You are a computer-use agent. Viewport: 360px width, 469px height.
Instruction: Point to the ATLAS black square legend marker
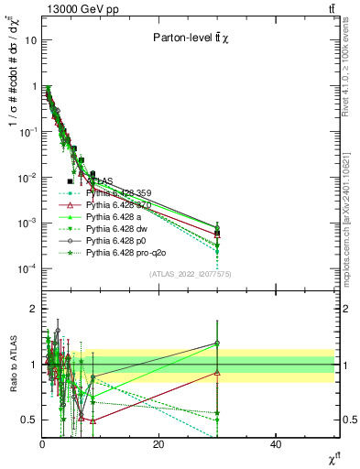(70, 181)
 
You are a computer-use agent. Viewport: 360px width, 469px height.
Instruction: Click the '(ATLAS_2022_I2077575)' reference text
(191, 274)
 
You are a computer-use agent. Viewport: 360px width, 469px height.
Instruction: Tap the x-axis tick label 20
(158, 444)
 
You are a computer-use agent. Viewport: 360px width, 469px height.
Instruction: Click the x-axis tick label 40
(276, 444)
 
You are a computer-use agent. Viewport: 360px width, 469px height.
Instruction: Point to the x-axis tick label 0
(42, 444)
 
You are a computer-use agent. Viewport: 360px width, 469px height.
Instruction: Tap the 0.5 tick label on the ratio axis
(28, 420)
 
